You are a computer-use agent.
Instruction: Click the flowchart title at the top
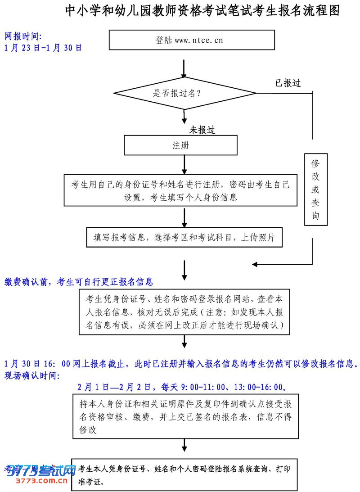(202, 11)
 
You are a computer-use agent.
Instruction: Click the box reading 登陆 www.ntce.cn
(192, 40)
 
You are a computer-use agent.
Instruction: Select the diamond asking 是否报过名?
(184, 93)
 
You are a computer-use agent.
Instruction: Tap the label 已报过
(288, 83)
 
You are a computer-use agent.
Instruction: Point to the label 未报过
(202, 130)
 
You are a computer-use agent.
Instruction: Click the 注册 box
(180, 145)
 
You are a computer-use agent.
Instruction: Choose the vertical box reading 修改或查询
(315, 189)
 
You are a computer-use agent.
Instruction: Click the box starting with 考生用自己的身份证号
(180, 190)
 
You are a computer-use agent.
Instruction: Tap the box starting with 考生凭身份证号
(184, 312)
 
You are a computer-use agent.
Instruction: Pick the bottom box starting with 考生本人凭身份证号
(184, 474)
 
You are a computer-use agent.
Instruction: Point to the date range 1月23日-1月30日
(43, 48)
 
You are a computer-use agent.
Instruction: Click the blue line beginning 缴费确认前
(79, 282)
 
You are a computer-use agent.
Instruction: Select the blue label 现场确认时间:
(32, 375)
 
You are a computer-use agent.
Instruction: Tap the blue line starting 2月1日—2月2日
(182, 387)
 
